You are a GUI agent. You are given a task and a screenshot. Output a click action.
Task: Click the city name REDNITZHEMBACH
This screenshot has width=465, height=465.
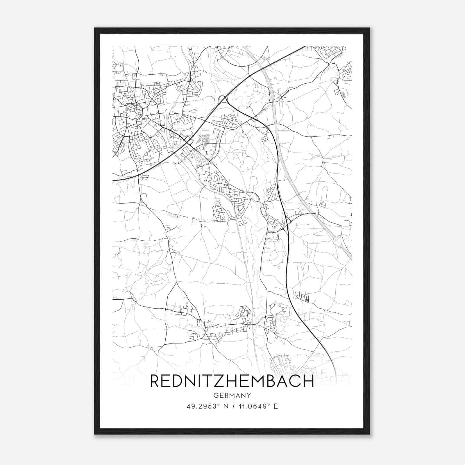tap(232, 381)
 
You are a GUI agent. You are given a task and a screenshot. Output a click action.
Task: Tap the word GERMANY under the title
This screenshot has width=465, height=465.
tap(232, 395)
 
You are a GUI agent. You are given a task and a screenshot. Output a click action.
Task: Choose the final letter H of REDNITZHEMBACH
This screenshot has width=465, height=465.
tap(309, 381)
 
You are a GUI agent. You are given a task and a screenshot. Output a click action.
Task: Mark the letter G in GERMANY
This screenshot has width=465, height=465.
tap(215, 395)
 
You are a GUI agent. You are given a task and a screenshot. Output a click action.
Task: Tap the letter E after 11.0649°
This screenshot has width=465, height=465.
tap(276, 406)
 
